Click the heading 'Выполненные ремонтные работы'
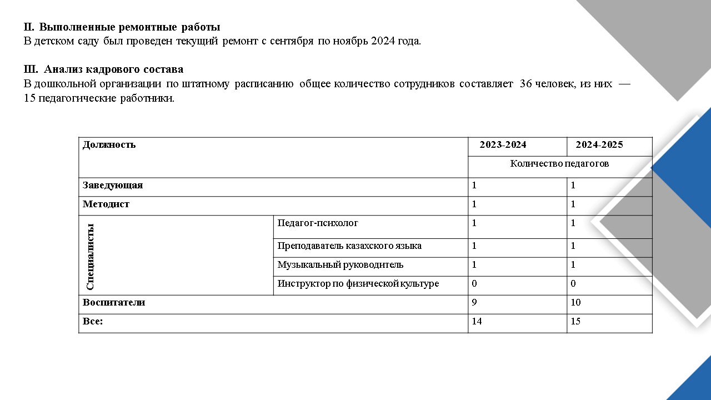pyautogui.click(x=129, y=27)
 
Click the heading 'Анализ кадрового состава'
pyautogui.click(x=113, y=69)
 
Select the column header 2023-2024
pyautogui.click(x=503, y=145)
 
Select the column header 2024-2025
pyautogui.click(x=599, y=145)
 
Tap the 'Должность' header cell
pyautogui.click(x=109, y=145)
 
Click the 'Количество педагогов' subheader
pyautogui.click(x=559, y=164)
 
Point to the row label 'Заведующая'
pyautogui.click(x=113, y=186)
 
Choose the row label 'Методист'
pyautogui.click(x=106, y=204)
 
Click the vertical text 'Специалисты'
pyautogui.click(x=91, y=257)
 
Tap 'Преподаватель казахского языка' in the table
pyautogui.click(x=349, y=246)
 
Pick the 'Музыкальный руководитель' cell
pyautogui.click(x=341, y=265)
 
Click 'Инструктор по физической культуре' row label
pyautogui.click(x=358, y=284)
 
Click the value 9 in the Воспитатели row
pyautogui.click(x=474, y=303)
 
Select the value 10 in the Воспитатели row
pyautogui.click(x=575, y=303)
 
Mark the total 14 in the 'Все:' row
pyautogui.click(x=477, y=322)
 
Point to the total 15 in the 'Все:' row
pyautogui.click(x=575, y=322)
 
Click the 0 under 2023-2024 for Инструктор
pyautogui.click(x=474, y=284)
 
